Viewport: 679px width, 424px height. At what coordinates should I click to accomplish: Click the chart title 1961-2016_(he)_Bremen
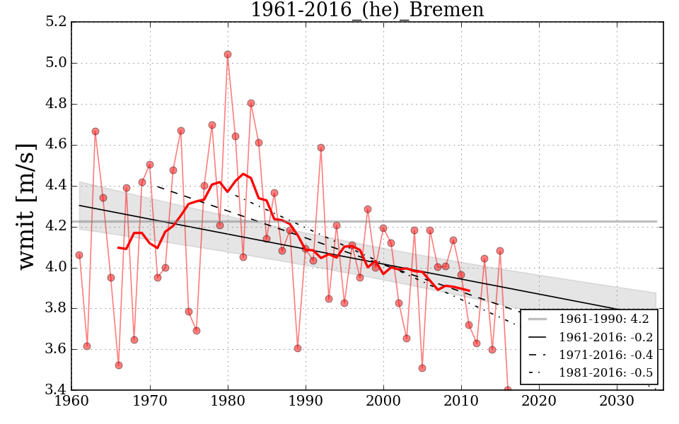point(367,10)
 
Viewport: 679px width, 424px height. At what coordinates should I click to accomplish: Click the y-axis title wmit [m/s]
point(25,206)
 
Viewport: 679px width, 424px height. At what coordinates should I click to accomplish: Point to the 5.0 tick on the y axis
point(55,63)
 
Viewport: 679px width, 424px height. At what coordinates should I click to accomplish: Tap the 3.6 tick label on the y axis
point(55,349)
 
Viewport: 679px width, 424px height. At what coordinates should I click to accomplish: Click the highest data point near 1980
point(228,54)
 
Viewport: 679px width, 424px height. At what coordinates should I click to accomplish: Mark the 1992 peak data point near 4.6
point(321,148)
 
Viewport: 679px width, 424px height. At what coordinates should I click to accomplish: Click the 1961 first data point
point(79,255)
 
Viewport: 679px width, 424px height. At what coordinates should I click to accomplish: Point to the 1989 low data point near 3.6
point(298,348)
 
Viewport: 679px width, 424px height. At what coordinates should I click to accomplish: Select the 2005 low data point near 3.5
point(422,368)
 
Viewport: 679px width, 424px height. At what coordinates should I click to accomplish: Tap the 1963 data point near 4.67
point(95,131)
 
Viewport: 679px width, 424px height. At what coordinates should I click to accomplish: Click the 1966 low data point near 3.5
point(119,365)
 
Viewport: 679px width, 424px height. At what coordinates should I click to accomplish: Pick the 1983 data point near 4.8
point(251,103)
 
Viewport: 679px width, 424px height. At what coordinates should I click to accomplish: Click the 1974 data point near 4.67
point(181,131)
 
